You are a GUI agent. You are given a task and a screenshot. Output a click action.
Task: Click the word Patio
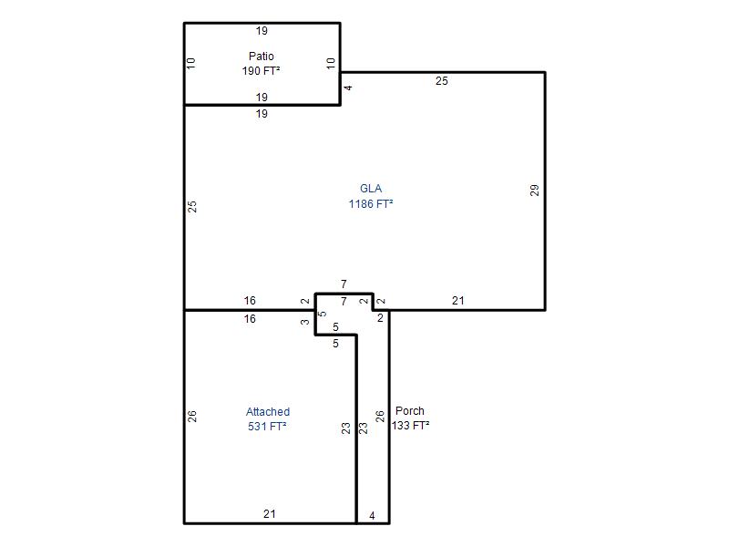262,57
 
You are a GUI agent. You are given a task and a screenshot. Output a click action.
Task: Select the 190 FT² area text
261,71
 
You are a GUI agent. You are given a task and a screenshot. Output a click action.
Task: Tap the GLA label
371,189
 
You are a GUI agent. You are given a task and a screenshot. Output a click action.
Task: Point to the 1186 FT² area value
371,203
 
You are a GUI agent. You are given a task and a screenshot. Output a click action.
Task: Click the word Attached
268,412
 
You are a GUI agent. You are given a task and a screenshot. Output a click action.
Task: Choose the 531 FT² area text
267,426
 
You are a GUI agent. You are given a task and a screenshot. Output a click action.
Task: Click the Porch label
409,411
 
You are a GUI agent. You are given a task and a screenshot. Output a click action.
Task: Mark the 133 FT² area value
411,425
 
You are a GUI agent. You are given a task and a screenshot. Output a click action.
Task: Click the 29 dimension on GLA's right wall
535,191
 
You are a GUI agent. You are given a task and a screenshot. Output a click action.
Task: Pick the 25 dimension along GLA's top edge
442,81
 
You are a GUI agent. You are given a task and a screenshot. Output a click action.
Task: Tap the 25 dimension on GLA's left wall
192,207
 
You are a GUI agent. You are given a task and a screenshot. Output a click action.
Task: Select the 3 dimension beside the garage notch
304,322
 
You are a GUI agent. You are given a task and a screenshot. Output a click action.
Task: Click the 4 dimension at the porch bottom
372,516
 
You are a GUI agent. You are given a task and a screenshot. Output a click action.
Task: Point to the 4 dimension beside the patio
348,88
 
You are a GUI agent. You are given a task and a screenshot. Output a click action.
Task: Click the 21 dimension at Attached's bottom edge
270,514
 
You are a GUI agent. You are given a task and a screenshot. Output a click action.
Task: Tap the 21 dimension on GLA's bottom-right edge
458,301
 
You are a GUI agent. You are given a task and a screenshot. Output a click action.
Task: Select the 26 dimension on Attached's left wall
192,417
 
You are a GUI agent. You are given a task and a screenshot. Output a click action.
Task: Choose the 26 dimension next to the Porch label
380,417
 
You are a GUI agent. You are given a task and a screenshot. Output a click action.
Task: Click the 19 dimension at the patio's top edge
262,31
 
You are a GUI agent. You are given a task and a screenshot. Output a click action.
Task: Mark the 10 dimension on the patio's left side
191,63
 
